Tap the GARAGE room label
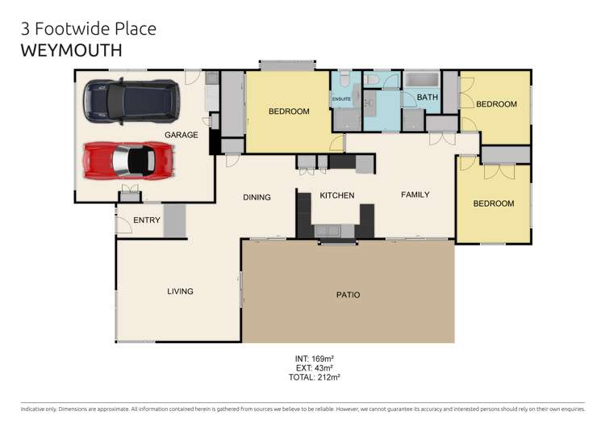(181, 135)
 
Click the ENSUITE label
(342, 99)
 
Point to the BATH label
(428, 98)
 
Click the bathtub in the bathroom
(422, 81)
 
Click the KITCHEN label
(337, 195)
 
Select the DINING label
(257, 197)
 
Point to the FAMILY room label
(415, 195)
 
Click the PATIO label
(348, 295)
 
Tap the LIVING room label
(180, 292)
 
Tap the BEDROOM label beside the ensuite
(289, 111)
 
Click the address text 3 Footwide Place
(88, 28)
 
